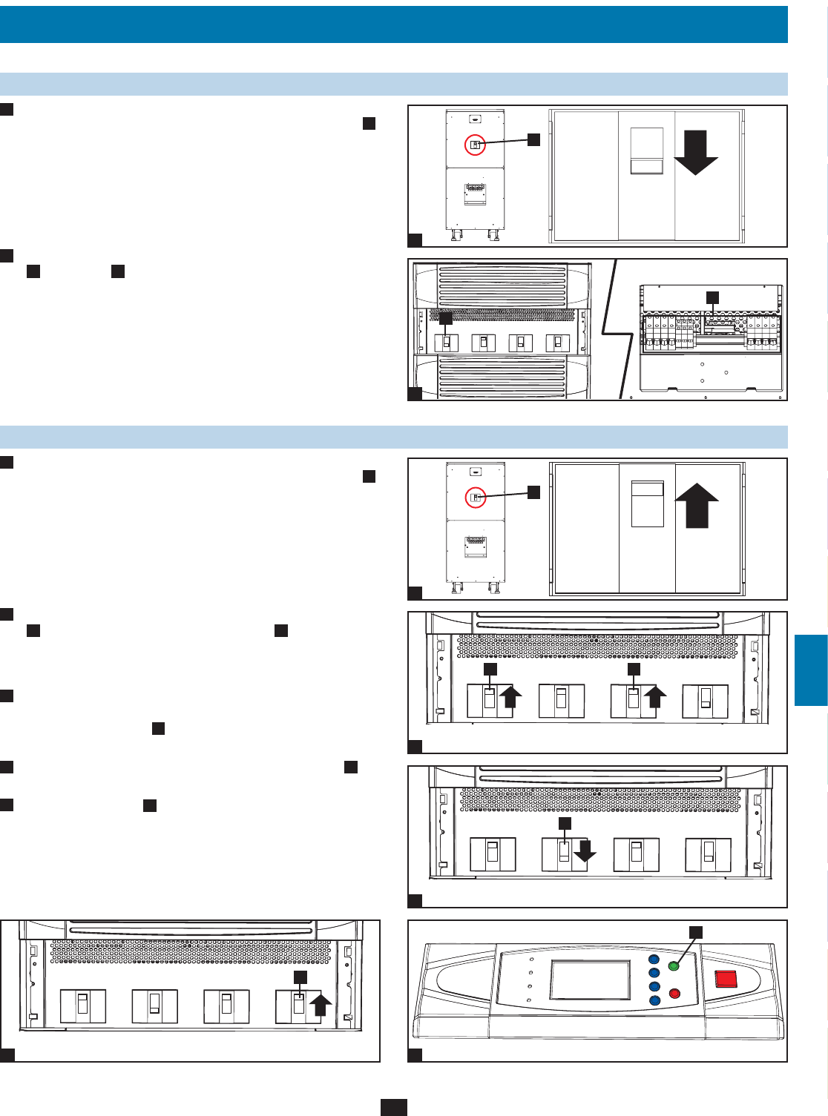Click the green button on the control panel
pos(674,966)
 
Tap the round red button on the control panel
pos(674,993)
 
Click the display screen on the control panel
pos(589,980)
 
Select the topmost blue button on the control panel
pos(654,959)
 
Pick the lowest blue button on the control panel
pos(654,1000)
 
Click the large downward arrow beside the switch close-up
pos(695,153)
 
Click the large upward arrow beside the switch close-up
pos(697,505)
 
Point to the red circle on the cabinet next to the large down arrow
pos(475,145)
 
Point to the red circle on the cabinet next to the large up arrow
pos(475,498)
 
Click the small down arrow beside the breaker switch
pos(585,851)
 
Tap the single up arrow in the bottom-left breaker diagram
pos(319,1006)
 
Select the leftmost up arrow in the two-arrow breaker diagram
pos(511,698)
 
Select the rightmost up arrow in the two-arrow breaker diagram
pos(655,698)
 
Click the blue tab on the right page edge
pos(811,670)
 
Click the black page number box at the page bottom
pos(393,1107)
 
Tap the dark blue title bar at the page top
pos(393,24)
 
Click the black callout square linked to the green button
pos(696,932)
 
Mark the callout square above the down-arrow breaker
pos(565,824)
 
